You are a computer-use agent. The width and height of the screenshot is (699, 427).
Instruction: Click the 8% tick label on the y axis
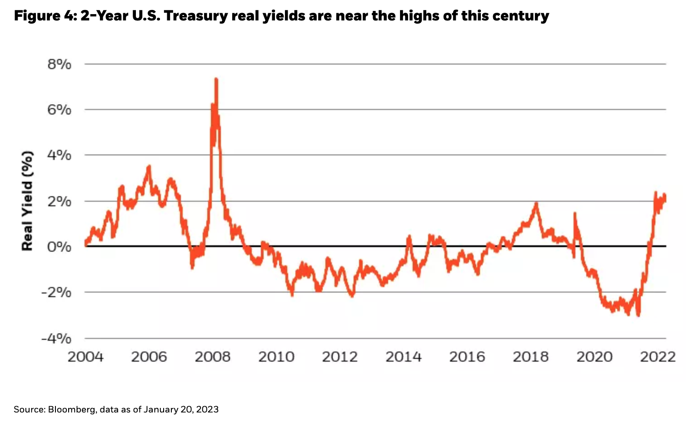[60, 65]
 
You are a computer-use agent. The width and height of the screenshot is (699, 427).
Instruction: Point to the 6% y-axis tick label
[60, 110]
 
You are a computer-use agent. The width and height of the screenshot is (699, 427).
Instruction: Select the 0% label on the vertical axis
[60, 247]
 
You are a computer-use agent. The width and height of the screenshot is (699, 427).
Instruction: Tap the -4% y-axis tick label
[56, 338]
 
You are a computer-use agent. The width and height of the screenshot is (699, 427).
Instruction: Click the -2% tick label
[56, 293]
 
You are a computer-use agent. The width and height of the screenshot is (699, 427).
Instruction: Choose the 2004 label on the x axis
[85, 357]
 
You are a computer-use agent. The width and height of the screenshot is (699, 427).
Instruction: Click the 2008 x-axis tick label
[213, 357]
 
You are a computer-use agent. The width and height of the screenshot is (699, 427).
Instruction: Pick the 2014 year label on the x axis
[404, 357]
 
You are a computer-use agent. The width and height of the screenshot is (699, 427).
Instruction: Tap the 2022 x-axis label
[658, 357]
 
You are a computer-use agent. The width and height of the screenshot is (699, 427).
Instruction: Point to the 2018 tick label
[531, 357]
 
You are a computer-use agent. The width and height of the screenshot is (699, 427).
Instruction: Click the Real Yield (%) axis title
[28, 201]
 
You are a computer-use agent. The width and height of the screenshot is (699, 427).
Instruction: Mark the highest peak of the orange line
[216, 79]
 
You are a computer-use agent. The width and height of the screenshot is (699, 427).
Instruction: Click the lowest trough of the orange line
[639, 315]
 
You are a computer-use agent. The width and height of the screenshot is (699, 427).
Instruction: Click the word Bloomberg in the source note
[72, 410]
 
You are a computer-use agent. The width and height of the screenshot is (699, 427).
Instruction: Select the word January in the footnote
[161, 410]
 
